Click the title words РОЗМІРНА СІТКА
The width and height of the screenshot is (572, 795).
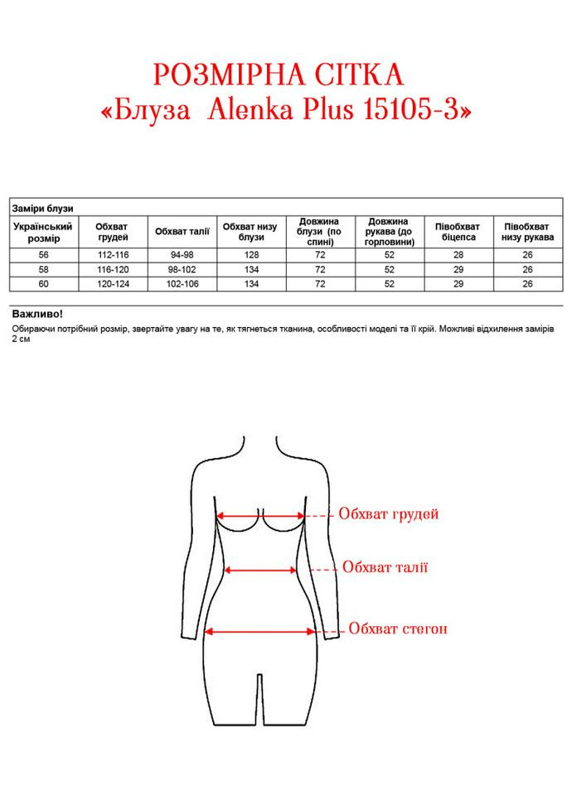pos(279,76)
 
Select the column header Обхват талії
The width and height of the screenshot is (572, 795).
pos(182,231)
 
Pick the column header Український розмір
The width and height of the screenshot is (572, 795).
pos(43,231)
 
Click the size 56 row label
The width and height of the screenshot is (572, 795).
pos(43,255)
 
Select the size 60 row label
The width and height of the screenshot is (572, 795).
pos(43,284)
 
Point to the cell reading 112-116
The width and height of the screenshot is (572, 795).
pos(113,255)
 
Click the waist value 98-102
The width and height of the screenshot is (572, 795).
pos(182,270)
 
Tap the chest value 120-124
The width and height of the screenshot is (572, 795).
pos(113,284)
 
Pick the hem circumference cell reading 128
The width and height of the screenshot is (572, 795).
pos(251,255)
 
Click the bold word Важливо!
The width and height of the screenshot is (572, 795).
pos(37,315)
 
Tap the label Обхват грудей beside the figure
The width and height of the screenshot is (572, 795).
pos(388,514)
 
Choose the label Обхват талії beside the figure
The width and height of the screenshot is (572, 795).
pos(385,567)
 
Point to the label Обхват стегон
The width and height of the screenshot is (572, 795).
pos(398,629)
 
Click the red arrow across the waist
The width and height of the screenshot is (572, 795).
pos(261,570)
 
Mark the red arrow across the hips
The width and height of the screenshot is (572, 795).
pos(260,631)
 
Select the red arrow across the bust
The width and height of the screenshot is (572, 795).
pos(260,515)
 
